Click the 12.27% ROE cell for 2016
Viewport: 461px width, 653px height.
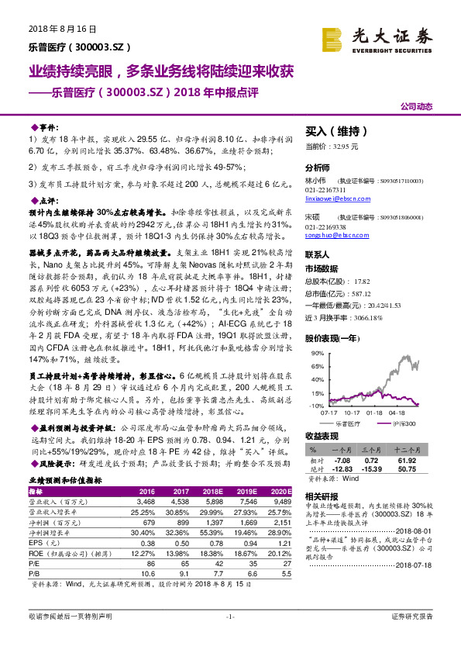[x=144, y=552]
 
